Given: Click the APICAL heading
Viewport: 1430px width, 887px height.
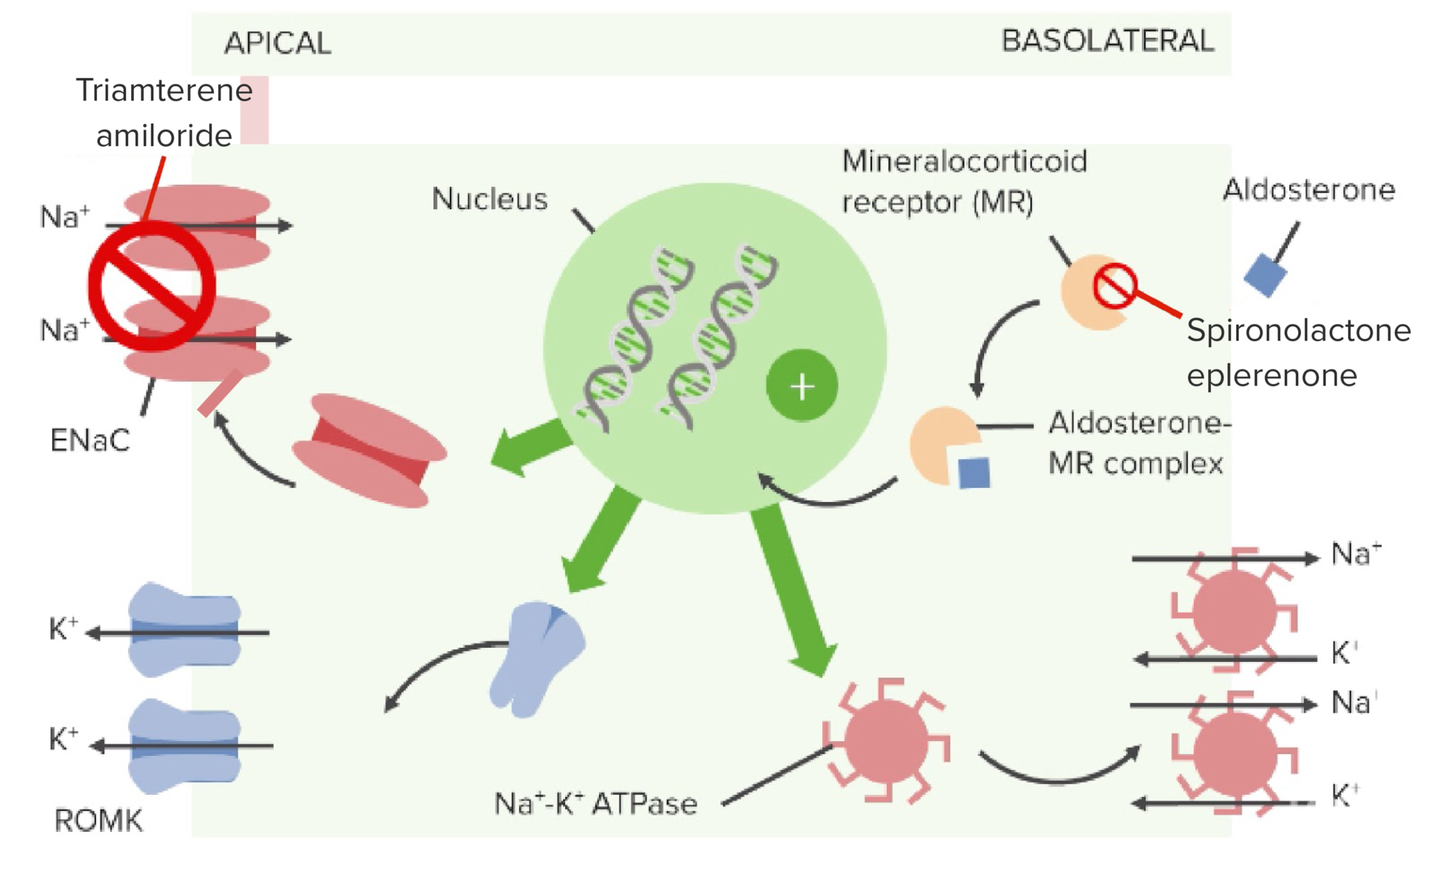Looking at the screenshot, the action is coord(278,43).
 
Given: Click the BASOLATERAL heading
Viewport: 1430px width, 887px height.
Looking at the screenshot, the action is coord(1108,41).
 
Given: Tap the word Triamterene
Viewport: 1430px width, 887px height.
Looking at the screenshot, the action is coord(165,90).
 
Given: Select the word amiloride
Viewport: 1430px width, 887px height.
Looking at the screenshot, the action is coord(164,136).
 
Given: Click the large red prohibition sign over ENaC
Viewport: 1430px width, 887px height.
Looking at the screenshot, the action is coord(152,286).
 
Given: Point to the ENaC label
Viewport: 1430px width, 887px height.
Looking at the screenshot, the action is coord(90,440).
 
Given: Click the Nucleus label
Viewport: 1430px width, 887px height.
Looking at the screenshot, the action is coord(489,199).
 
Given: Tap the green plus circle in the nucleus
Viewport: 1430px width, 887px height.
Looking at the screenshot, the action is coord(801,386).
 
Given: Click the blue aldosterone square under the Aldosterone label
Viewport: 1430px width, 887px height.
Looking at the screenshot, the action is coord(1265,275).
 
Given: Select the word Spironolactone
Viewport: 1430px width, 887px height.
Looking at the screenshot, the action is coord(1298,330).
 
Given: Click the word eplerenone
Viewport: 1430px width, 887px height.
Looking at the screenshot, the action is coord(1271,375).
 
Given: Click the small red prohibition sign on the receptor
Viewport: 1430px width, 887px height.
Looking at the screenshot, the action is coord(1114,286).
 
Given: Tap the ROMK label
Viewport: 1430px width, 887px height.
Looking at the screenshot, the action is coord(98,821).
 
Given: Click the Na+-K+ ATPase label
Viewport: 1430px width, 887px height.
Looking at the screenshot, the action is coord(596,803).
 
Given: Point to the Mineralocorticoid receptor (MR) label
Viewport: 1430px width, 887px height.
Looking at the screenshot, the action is coord(965,182).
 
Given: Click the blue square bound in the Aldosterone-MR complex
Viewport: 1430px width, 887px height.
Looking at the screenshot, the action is coord(974,473).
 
